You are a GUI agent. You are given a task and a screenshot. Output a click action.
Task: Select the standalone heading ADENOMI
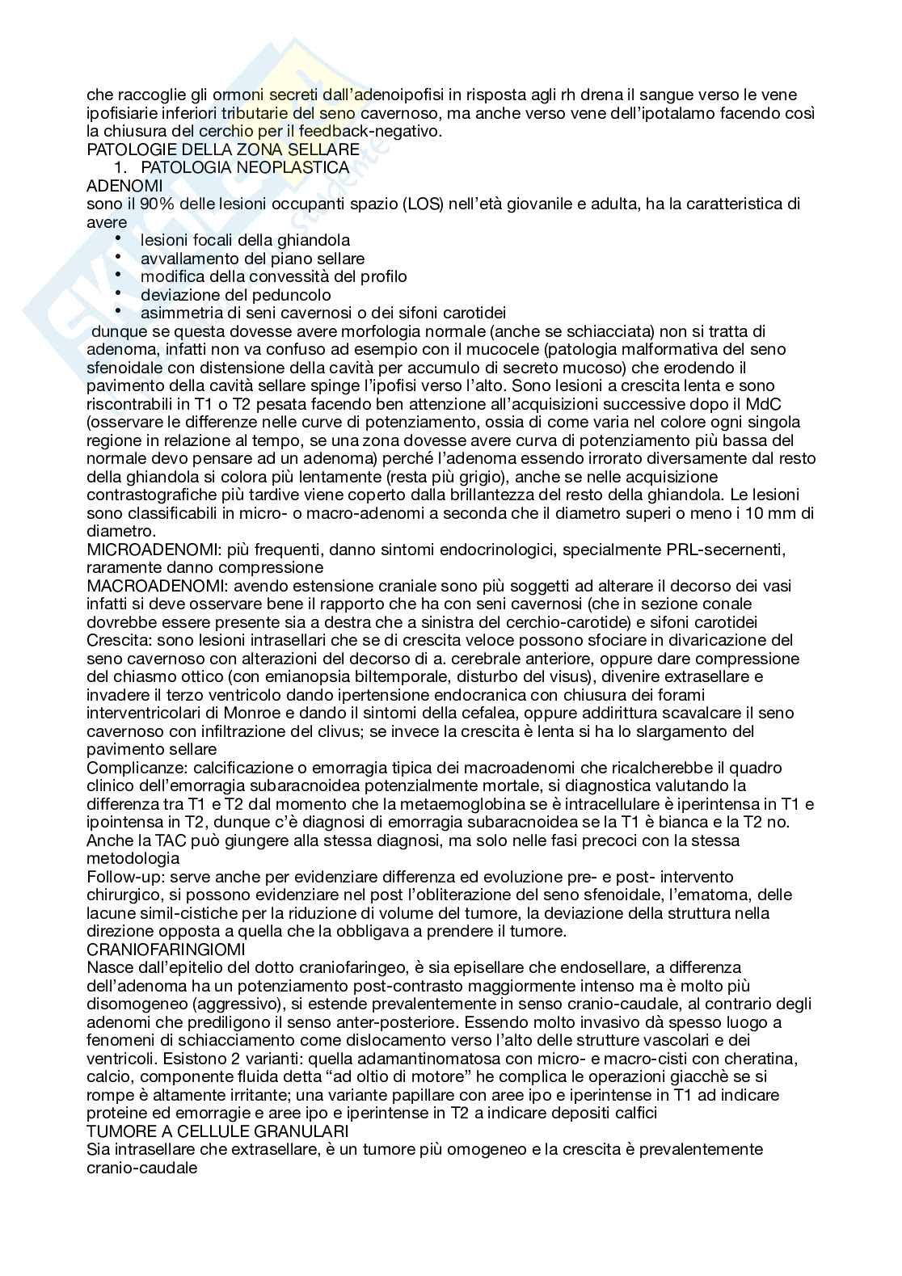(x=124, y=186)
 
